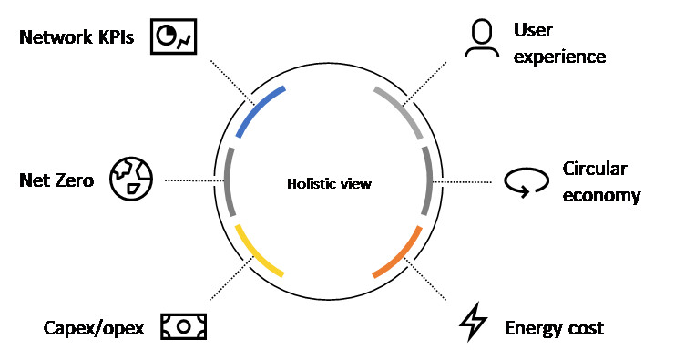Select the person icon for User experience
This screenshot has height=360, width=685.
tap(481, 39)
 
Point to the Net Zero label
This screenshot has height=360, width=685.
tap(56, 180)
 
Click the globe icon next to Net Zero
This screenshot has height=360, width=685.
tap(131, 179)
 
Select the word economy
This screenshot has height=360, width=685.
tap(601, 195)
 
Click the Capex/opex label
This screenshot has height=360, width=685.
tap(94, 327)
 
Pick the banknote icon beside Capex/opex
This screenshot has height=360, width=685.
tap(183, 325)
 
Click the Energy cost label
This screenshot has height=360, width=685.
tap(554, 327)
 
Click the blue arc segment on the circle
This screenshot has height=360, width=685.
tap(258, 108)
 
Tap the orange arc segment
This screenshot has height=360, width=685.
tap(400, 252)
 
